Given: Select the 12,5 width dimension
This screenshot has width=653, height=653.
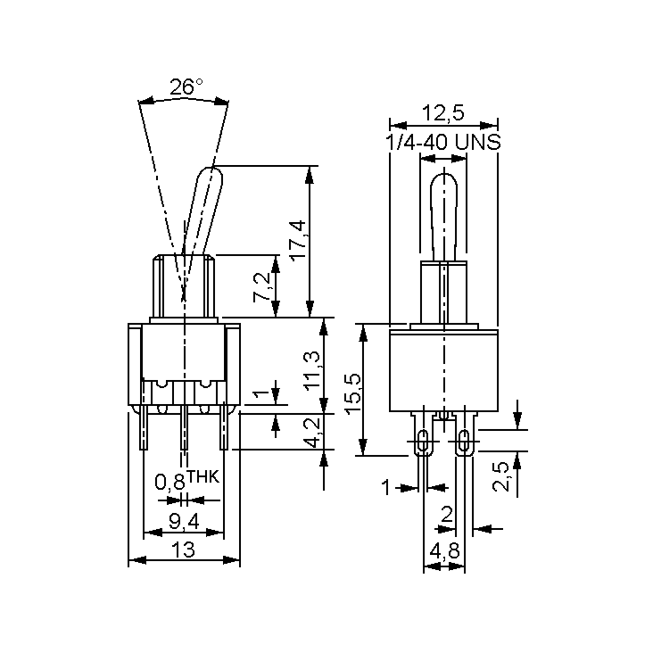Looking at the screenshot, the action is click(443, 113).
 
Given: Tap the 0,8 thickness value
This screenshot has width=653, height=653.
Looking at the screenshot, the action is click(170, 482).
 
